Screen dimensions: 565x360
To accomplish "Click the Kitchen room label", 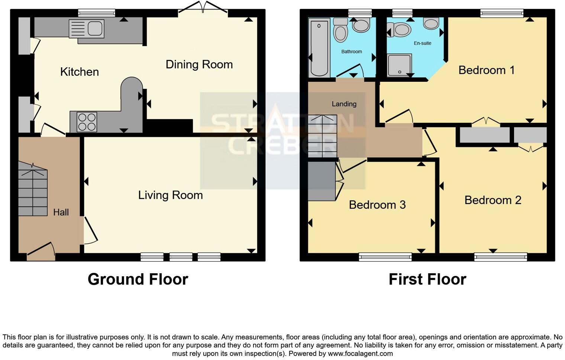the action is [80, 72].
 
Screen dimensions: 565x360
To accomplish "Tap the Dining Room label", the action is [199, 65].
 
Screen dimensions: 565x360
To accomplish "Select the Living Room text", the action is [171, 195].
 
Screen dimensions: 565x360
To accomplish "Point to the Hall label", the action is [61, 212].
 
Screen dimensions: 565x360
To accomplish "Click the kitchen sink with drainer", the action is [87, 29].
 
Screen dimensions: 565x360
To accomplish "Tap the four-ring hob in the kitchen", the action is [87, 122].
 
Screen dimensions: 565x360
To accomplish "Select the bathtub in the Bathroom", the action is [319, 48].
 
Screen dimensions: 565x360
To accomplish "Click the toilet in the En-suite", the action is [399, 29].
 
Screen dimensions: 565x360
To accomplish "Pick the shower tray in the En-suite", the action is [400, 65].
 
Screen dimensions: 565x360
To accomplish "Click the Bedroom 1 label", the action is [487, 70].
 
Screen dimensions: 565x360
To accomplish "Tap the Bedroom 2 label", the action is [493, 200].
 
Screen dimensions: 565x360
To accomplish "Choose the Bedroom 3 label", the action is [377, 205].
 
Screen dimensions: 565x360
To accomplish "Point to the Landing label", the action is [344, 104].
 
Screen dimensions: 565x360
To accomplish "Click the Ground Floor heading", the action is [138, 279].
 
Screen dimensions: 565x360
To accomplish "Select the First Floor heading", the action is [427, 279].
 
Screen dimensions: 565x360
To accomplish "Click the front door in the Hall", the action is [41, 251].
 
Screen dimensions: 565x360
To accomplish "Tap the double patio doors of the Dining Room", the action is [203, 7].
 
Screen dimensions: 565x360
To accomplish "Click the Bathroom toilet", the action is [340, 30].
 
